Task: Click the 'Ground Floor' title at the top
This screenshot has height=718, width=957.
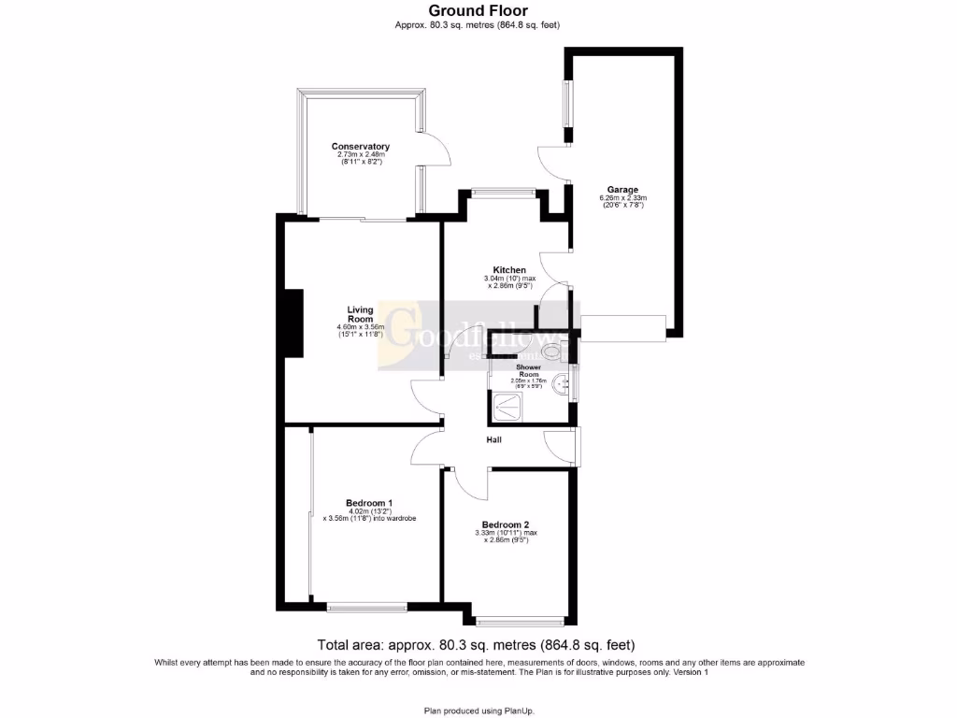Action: click(478, 11)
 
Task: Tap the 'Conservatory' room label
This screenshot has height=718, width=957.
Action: click(360, 147)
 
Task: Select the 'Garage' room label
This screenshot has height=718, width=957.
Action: click(622, 190)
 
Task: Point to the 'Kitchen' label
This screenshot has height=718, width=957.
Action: click(509, 270)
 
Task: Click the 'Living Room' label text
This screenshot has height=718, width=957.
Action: click(360, 314)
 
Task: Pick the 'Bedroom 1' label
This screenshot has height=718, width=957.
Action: click(369, 502)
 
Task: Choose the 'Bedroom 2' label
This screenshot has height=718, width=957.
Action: click(506, 524)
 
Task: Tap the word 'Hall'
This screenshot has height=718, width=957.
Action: click(494, 438)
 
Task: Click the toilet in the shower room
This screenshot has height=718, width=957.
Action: click(555, 352)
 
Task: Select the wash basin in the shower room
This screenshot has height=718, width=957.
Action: click(561, 383)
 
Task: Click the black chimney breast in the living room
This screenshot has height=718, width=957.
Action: click(293, 323)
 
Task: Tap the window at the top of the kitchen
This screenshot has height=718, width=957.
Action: click(503, 194)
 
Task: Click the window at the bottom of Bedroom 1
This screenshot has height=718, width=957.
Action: click(366, 608)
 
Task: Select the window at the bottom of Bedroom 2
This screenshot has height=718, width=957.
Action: click(520, 620)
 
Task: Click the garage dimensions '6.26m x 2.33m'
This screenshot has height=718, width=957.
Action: click(622, 198)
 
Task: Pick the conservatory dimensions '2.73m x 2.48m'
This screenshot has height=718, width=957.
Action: click(360, 155)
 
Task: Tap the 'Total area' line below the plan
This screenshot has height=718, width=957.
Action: click(477, 645)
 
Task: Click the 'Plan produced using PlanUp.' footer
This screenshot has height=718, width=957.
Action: click(478, 711)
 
